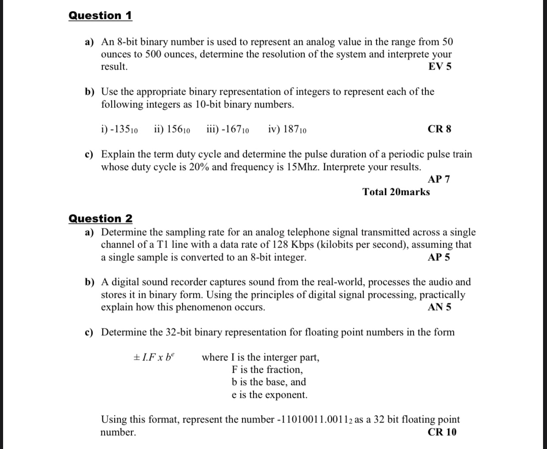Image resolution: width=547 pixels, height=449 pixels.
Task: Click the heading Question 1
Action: click(100, 15)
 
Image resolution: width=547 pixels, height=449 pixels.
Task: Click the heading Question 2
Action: click(100, 219)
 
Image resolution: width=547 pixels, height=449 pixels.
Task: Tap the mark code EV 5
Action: click(439, 67)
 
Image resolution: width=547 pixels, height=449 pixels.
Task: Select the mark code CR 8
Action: click(439, 129)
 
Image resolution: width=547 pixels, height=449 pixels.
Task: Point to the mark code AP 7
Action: click(439, 179)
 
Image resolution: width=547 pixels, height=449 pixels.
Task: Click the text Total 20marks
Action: click(396, 192)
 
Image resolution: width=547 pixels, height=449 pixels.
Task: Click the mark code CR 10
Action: click(442, 432)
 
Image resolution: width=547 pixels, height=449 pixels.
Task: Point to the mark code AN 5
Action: click(439, 307)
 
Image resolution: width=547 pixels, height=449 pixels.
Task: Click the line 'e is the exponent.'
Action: click(269, 395)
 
